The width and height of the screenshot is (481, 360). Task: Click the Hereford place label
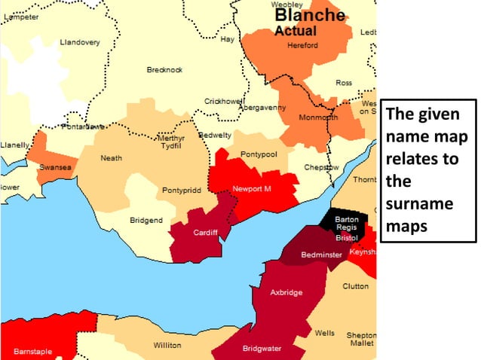click(303, 46)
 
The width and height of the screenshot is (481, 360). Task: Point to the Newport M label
click(251, 188)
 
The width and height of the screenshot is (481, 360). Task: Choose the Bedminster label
click(322, 255)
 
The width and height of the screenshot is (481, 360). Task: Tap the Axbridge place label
click(286, 292)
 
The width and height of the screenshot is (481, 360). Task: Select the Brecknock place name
click(164, 70)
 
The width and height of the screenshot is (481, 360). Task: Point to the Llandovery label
click(80, 42)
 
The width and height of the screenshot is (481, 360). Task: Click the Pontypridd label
click(182, 191)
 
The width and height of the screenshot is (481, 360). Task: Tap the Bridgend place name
click(146, 220)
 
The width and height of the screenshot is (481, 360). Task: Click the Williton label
click(167, 345)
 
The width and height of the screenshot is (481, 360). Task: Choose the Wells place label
click(325, 332)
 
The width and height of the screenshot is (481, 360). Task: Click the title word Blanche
click(309, 16)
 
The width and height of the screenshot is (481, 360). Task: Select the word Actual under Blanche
click(296, 32)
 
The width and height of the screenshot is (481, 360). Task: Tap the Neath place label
click(112, 158)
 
